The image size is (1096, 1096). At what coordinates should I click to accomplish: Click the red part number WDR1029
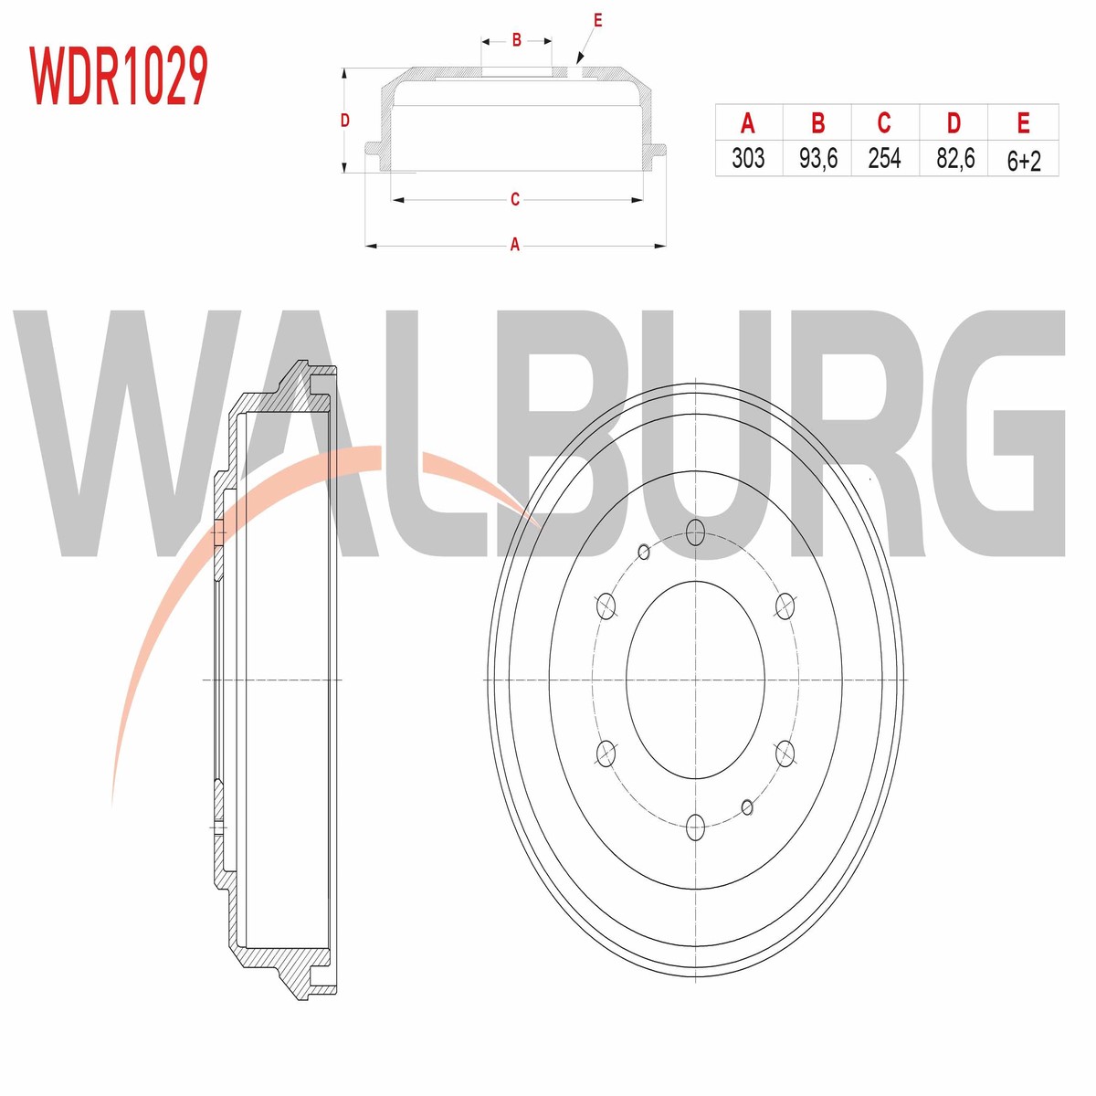[119, 76]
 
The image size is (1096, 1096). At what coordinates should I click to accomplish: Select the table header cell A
[748, 123]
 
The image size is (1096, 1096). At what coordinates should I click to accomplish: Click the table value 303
[748, 157]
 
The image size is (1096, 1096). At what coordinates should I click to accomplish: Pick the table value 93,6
[817, 157]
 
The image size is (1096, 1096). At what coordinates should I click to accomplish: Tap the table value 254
[884, 157]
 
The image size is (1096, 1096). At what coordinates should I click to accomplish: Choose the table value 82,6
[955, 157]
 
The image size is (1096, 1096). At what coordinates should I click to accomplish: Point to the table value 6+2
[1024, 161]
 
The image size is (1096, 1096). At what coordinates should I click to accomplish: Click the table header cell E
[1023, 123]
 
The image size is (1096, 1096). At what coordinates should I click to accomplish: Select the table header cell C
[884, 123]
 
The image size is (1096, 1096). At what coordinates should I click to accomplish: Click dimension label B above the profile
[516, 40]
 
